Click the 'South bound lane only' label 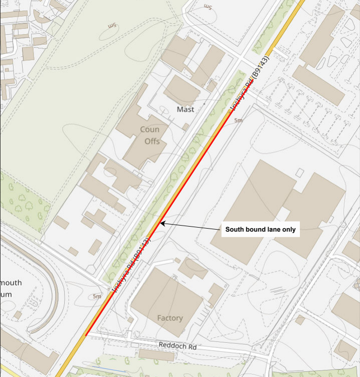pos(260,230)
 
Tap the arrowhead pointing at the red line pos(162,223)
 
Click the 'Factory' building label pos(170,318)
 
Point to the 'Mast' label pos(185,109)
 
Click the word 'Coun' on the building pos(149,129)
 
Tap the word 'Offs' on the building pos(152,141)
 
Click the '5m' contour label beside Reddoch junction pos(97,296)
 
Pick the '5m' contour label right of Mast pos(238,120)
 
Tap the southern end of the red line pos(86,335)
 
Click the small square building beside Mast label pos(186,127)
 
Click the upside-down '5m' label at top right pos(208,7)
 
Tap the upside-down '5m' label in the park pos(112,26)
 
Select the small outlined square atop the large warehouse pos(299,172)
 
